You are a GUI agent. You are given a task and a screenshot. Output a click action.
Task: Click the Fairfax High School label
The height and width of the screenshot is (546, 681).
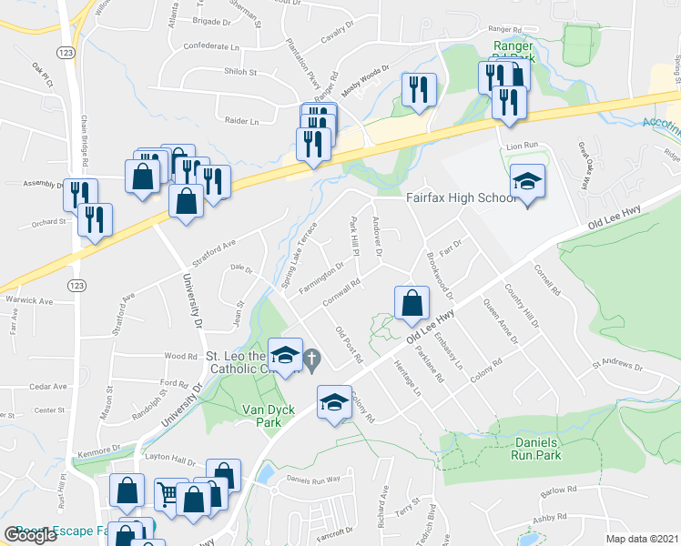460,197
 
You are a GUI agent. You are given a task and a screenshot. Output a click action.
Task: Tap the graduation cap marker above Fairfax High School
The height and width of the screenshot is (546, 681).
527,184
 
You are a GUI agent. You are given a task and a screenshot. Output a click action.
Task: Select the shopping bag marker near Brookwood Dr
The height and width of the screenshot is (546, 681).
412,304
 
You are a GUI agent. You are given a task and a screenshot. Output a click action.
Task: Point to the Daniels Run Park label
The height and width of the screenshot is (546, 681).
536,449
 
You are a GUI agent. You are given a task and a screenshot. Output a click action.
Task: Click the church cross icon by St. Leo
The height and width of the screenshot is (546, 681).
311,359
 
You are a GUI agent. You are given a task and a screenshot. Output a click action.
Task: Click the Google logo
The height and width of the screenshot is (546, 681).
31,534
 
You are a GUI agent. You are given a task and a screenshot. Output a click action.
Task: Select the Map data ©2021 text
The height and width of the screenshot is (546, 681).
643,539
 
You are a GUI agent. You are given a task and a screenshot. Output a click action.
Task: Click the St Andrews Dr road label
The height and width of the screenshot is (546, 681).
617,369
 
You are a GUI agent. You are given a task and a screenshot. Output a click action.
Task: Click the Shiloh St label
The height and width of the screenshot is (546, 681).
241,71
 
